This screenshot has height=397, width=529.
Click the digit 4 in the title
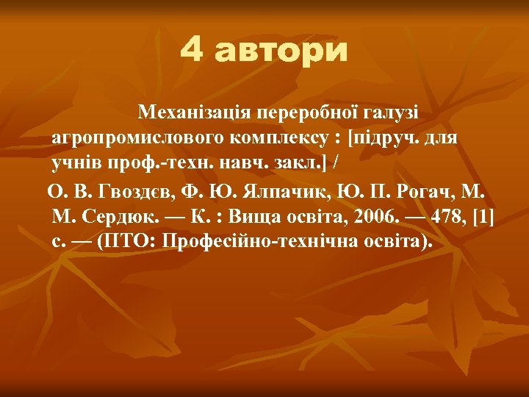[192, 51]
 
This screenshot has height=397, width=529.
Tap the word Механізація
[195, 112]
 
